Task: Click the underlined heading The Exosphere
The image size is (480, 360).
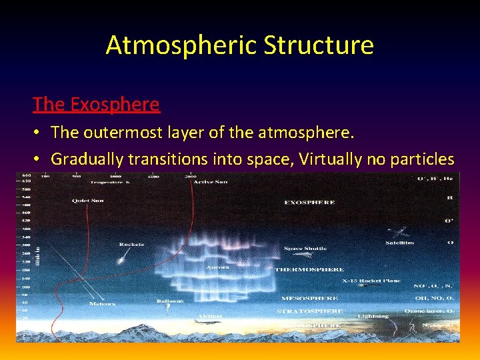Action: click(x=96, y=104)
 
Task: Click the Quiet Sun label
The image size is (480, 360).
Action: click(x=88, y=200)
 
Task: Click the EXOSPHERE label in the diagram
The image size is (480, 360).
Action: click(x=309, y=202)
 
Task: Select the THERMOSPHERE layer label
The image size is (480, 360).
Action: click(x=310, y=269)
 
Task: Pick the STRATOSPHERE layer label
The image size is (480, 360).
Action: click(x=310, y=311)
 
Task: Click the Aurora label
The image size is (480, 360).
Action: click(x=217, y=267)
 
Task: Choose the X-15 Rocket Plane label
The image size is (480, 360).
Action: click(x=371, y=281)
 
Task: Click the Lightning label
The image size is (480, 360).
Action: click(x=373, y=316)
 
